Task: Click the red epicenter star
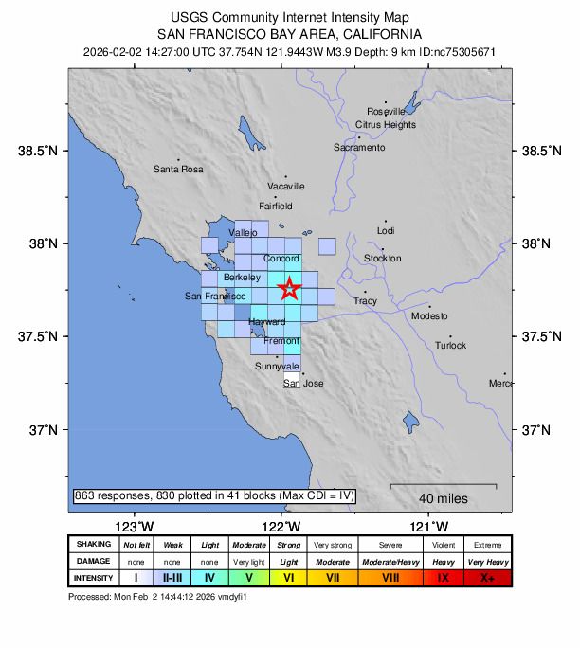[289, 289]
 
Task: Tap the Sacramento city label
[359, 148]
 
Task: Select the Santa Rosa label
[178, 169]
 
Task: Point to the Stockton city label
[382, 258]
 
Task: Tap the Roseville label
[385, 111]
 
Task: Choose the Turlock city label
[450, 345]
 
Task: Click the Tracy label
[365, 300]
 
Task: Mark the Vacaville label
[285, 186]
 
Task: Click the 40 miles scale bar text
[441, 498]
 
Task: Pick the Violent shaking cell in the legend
[443, 545]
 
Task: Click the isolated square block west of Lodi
[327, 246]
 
